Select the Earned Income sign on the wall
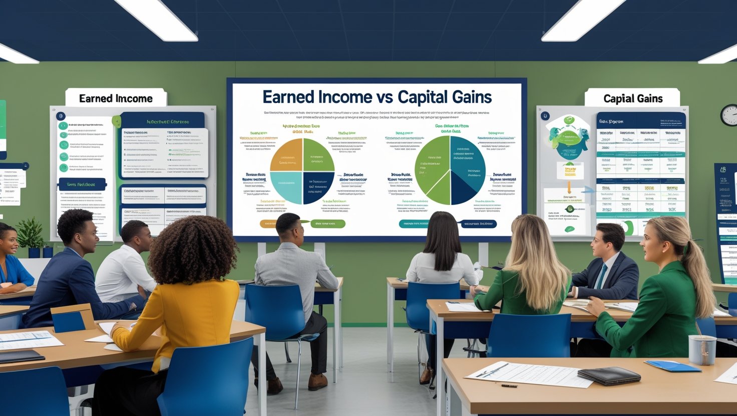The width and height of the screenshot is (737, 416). click(x=116, y=98)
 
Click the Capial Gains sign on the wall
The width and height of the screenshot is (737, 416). click(x=633, y=98)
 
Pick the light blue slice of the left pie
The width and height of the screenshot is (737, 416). click(x=286, y=187)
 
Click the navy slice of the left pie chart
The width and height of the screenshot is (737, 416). click(x=318, y=187)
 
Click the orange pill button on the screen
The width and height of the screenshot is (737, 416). click(x=269, y=223)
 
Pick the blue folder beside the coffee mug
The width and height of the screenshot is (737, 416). click(x=672, y=366)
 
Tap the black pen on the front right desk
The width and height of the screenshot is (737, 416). click(x=509, y=385)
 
